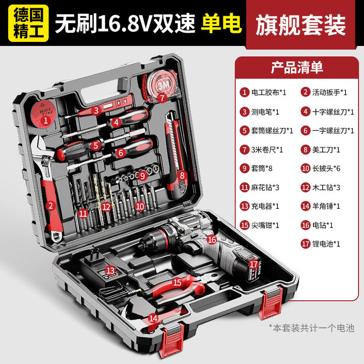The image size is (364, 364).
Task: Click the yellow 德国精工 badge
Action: (28, 23)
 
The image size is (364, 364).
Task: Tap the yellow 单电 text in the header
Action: (221, 23)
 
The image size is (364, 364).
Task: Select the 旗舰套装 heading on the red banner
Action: (301, 25)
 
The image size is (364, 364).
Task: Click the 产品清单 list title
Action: (297, 68)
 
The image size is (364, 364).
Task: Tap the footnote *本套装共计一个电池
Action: (311, 328)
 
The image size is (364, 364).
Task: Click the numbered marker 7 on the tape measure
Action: (162, 98)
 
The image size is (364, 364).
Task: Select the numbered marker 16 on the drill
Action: (211, 239)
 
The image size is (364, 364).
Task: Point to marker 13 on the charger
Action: (110, 270)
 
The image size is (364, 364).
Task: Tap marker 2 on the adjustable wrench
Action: (51, 206)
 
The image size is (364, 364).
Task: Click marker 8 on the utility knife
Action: (182, 175)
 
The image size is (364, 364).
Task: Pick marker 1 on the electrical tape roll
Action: (45, 120)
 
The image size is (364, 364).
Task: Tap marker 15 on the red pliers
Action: (177, 282)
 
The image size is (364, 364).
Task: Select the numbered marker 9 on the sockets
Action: (142, 176)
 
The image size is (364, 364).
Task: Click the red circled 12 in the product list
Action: (305, 187)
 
